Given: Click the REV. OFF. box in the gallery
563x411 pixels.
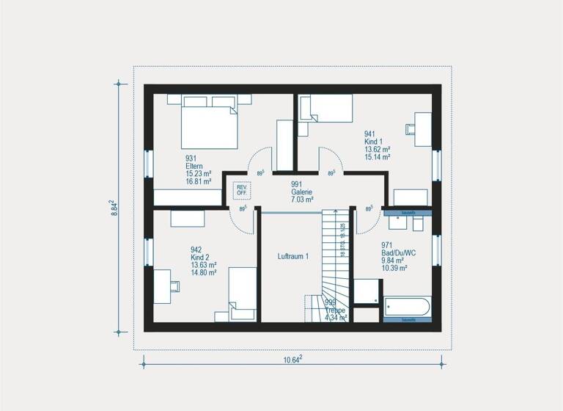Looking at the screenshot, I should (242, 189).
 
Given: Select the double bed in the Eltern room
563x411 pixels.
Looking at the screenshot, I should (209, 126).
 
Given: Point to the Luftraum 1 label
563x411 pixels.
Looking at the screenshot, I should (292, 256).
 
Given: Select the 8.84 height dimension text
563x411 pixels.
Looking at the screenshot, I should (114, 207).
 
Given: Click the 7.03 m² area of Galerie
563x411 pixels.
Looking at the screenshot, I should (301, 199).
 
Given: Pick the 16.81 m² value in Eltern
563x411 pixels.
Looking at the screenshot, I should (198, 181).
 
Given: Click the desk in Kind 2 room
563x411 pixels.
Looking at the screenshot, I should (164, 281).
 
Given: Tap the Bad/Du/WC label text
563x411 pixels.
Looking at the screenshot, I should (399, 252).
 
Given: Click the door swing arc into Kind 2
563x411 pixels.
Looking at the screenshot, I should (245, 220).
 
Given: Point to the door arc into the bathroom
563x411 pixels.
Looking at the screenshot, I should (365, 221).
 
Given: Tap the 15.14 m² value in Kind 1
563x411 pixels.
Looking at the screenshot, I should (377, 156).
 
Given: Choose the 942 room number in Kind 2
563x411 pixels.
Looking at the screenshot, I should (196, 250).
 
